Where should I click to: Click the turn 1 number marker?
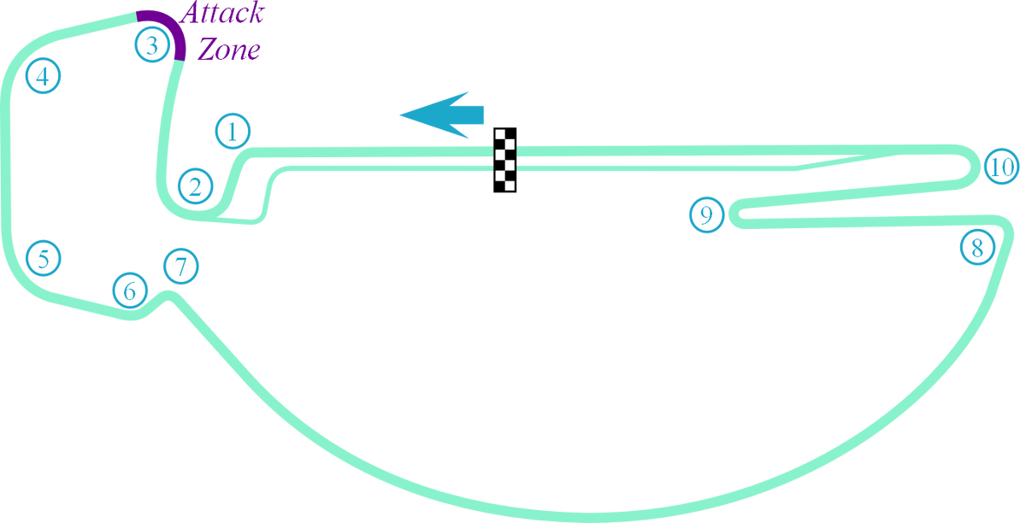233,132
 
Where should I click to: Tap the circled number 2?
196,185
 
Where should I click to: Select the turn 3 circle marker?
152,44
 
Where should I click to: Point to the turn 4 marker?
43,76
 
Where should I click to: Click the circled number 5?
44,257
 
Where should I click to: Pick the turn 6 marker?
130,291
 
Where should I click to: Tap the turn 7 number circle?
180,266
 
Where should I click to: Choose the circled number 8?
977,248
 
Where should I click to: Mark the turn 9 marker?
707,214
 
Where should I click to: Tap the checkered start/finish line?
506,159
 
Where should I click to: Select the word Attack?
223,14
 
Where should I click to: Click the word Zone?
228,49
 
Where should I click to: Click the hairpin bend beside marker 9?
734,217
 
